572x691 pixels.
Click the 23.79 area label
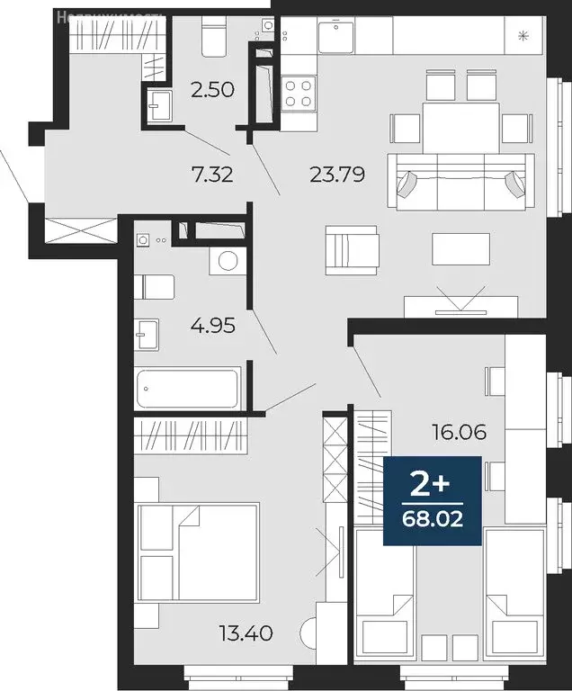[x=336, y=175]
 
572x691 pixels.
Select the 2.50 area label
[x=212, y=89]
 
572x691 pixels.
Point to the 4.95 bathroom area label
[x=212, y=325]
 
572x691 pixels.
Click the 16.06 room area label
[x=459, y=433]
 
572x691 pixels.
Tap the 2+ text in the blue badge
[x=431, y=486]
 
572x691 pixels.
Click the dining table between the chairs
[x=460, y=127]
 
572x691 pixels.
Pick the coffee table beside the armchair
[x=460, y=249]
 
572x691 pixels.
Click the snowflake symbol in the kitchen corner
[x=523, y=36]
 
